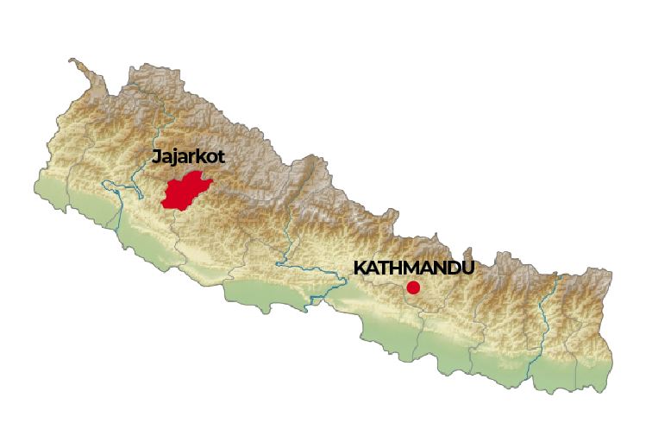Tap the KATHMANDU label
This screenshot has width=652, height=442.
coord(414,268)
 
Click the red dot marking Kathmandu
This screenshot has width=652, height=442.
coord(414,287)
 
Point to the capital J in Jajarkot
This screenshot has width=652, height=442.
coord(156,157)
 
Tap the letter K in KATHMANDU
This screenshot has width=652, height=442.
coord(360,268)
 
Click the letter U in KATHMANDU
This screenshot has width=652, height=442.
coord(467,268)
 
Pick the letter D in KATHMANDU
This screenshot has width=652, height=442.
coord(452,268)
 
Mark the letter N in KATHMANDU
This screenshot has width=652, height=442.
coord(436,268)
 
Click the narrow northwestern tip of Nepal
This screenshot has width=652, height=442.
coord(76,63)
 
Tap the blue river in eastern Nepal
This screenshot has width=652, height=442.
coord(549,319)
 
